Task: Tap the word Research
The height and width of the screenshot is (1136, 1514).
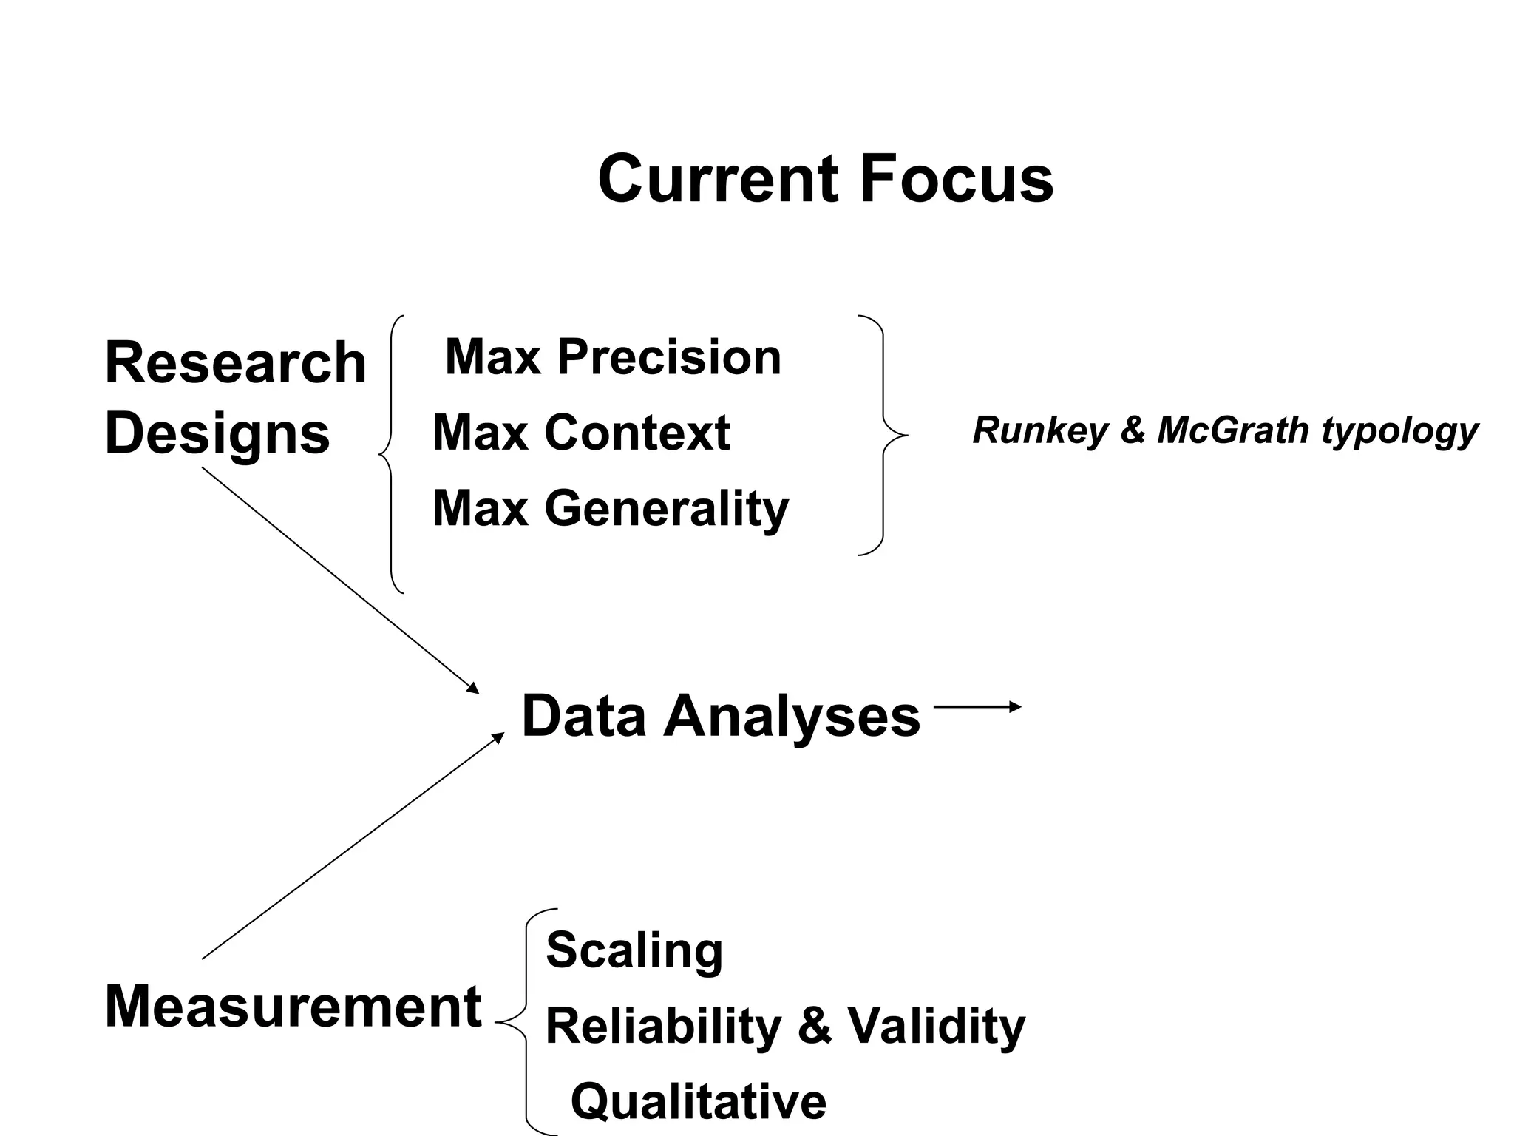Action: tap(235, 362)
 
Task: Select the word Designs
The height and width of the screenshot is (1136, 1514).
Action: tap(217, 434)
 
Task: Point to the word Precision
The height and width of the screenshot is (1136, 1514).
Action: tap(668, 357)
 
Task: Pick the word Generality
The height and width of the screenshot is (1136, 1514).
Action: tap(666, 510)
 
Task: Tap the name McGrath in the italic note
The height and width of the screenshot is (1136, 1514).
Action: tap(1233, 430)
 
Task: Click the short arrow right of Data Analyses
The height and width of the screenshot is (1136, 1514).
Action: tap(977, 707)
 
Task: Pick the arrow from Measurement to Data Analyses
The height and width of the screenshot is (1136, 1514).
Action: tap(353, 846)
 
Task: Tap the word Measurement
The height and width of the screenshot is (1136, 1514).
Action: tap(293, 1007)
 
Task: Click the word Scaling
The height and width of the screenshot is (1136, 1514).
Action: tap(634, 950)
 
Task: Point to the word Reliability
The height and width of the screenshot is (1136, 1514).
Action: tap(663, 1027)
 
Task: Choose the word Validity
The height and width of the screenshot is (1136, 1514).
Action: tap(936, 1027)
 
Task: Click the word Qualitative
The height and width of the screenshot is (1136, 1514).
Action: tap(699, 1101)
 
